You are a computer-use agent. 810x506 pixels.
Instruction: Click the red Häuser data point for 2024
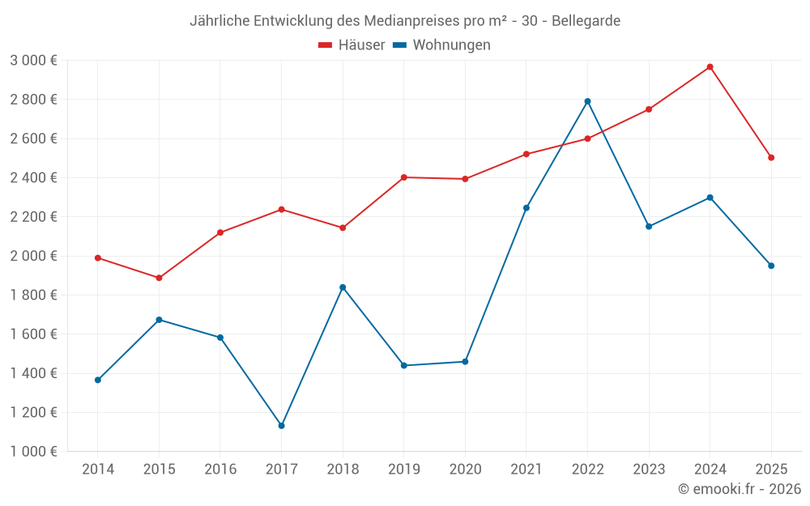710,67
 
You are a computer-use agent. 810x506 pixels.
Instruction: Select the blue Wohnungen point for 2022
587,101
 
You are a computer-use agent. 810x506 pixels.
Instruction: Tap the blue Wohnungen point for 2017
281,426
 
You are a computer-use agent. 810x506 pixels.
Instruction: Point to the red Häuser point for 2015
159,279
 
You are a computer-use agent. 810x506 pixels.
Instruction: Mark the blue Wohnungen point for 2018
343,287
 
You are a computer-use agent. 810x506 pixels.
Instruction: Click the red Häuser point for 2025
771,158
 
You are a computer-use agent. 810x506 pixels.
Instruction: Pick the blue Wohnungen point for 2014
98,380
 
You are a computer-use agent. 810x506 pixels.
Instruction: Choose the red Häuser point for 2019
403,177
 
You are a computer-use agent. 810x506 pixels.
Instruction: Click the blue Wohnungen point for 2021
526,208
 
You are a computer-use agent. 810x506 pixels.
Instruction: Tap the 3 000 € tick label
33,61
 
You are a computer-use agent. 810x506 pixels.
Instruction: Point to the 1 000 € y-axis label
33,452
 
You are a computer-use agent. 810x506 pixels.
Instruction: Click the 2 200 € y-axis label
33,217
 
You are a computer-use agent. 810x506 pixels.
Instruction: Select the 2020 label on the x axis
465,470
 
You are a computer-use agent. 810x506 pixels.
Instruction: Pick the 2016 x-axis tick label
220,470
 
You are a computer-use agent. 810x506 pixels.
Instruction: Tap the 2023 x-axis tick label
649,470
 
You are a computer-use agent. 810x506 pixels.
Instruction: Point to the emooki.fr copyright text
740,489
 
